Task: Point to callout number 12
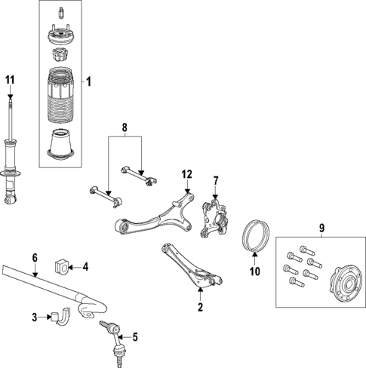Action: pyautogui.click(x=186, y=175)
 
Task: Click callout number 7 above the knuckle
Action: pyautogui.click(x=215, y=181)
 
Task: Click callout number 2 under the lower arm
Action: pyautogui.click(x=200, y=307)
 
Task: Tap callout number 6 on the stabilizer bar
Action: pyautogui.click(x=34, y=258)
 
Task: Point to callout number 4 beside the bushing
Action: pyautogui.click(x=85, y=266)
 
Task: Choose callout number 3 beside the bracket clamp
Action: pyautogui.click(x=35, y=317)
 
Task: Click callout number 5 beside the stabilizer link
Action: pyautogui.click(x=136, y=337)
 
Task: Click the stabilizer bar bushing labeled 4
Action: pyautogui.click(x=62, y=265)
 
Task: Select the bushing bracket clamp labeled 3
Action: pyautogui.click(x=60, y=319)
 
